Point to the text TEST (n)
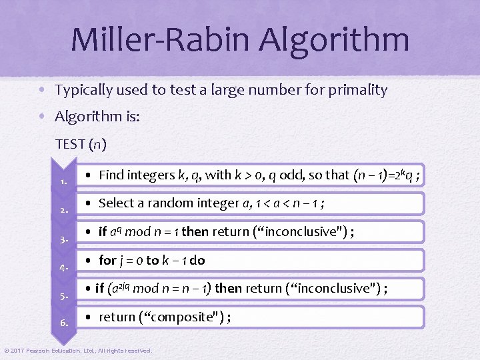(81, 143)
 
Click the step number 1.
(63, 181)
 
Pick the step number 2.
(63, 210)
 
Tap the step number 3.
(63, 239)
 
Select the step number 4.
(63, 267)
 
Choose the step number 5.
(63, 295)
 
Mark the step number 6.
(63, 323)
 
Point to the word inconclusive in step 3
(304, 232)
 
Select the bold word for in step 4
(107, 261)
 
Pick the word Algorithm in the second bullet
(86, 118)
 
